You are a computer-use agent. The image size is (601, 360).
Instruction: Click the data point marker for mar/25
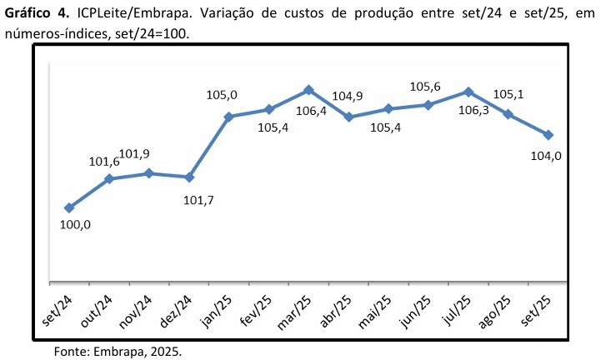click(308, 90)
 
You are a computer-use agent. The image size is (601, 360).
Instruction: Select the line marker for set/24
click(69, 208)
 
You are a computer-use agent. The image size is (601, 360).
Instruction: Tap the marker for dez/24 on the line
click(189, 177)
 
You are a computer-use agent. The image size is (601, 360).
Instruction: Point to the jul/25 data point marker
click(468, 92)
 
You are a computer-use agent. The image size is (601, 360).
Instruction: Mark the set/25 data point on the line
click(548, 135)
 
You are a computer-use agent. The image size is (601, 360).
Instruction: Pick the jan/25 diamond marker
click(229, 117)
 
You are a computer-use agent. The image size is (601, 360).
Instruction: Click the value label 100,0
click(76, 225)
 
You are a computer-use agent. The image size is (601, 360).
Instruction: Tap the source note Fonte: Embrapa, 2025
click(117, 351)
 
